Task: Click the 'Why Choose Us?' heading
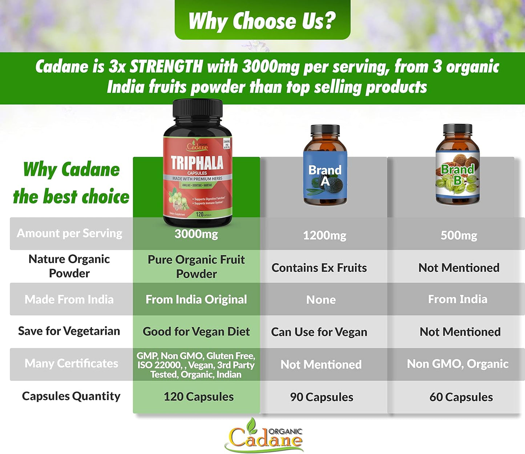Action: [x=262, y=21]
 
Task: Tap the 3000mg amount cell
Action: [x=196, y=234]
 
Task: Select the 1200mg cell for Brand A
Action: [x=324, y=236]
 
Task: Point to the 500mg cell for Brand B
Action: [x=459, y=236]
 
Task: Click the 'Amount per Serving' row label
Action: [x=69, y=233]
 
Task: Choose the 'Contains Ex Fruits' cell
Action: [x=319, y=268]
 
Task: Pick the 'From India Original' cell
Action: [x=196, y=300]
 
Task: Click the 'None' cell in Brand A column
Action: [x=321, y=300]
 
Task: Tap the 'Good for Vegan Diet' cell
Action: [x=196, y=332]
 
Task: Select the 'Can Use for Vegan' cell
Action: [x=319, y=332]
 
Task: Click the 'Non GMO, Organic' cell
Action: [x=457, y=364]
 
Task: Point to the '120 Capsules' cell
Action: [x=198, y=397]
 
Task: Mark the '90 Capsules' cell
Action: [x=322, y=397]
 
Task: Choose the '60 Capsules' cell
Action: [x=461, y=397]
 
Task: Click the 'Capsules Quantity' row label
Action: [x=71, y=396]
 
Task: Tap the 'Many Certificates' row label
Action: [x=71, y=363]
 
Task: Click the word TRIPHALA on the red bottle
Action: [x=197, y=162]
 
